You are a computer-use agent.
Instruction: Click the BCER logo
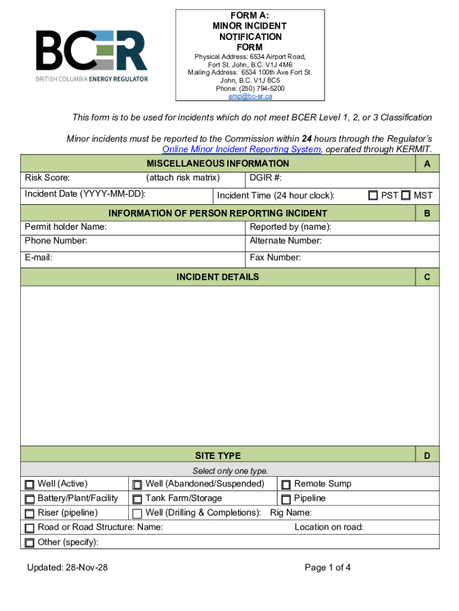[91, 55]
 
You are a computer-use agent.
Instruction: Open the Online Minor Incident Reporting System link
[241, 149]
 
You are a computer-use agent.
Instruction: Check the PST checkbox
[373, 195]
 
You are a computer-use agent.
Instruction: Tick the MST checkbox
[406, 195]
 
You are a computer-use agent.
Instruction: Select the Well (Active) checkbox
[30, 485]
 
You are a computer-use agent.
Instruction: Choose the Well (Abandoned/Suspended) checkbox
[137, 485]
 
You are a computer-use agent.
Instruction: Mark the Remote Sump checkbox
[286, 485]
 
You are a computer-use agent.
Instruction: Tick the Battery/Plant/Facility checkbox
[30, 499]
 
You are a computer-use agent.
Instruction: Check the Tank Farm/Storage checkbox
[137, 499]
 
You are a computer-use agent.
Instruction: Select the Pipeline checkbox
[286, 499]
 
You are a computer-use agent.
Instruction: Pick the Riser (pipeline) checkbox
[30, 513]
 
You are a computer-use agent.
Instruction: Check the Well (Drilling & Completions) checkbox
[137, 513]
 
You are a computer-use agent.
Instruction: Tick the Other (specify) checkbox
[30, 542]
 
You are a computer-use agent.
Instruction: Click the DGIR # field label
[265, 178]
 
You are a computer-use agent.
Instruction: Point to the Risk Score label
[47, 178]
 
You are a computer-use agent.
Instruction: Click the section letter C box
[427, 277]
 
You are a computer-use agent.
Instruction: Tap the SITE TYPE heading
[218, 456]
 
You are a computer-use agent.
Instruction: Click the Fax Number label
[275, 258]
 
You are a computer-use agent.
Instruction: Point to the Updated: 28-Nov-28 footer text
[67, 567]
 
